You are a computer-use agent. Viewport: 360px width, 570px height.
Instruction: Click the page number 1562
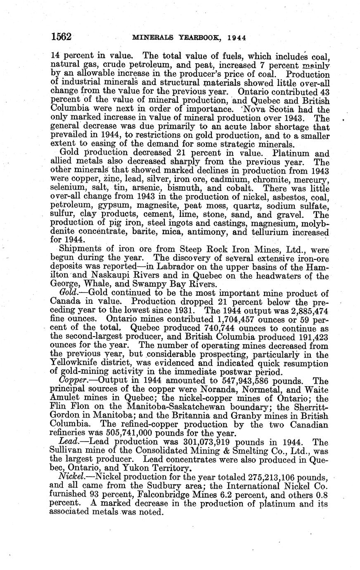pos(62,37)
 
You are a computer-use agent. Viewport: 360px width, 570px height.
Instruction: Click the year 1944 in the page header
pos(237,38)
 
